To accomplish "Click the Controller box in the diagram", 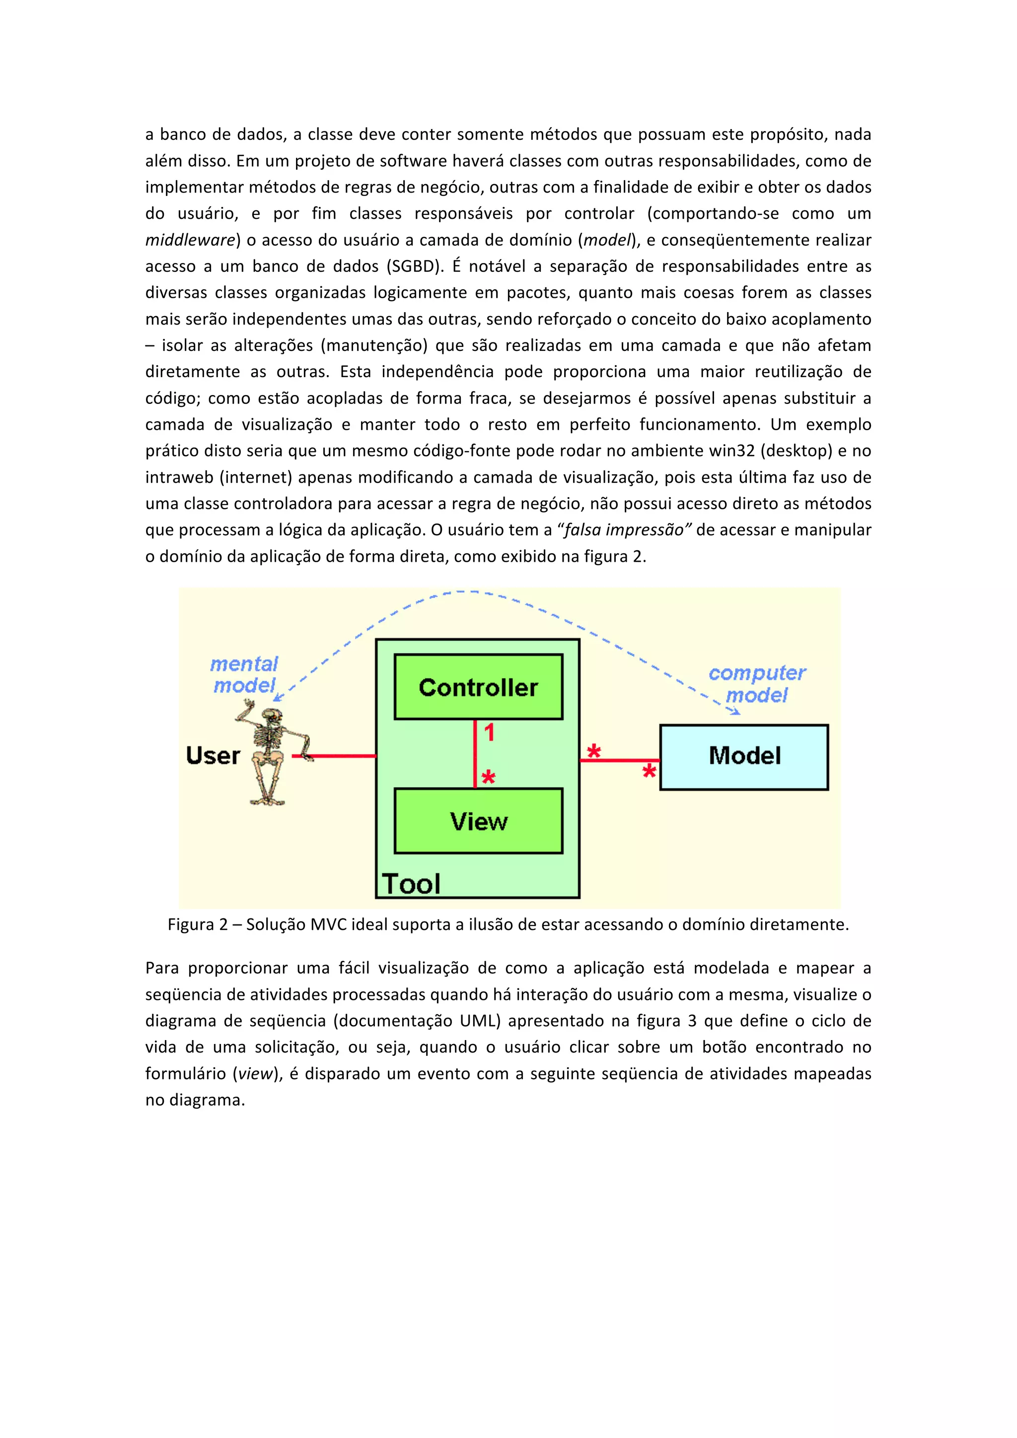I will (x=478, y=687).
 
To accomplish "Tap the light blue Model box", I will (x=744, y=757).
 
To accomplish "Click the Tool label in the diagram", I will (x=411, y=884).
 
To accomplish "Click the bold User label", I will (x=213, y=755).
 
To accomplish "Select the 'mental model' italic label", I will (x=244, y=674).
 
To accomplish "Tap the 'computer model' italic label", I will (x=756, y=684).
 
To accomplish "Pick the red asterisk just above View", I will (x=488, y=779).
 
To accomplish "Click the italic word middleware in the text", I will (x=190, y=240).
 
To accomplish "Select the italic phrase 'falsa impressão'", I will (x=624, y=530).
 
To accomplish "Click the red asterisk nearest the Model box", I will (x=649, y=772).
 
